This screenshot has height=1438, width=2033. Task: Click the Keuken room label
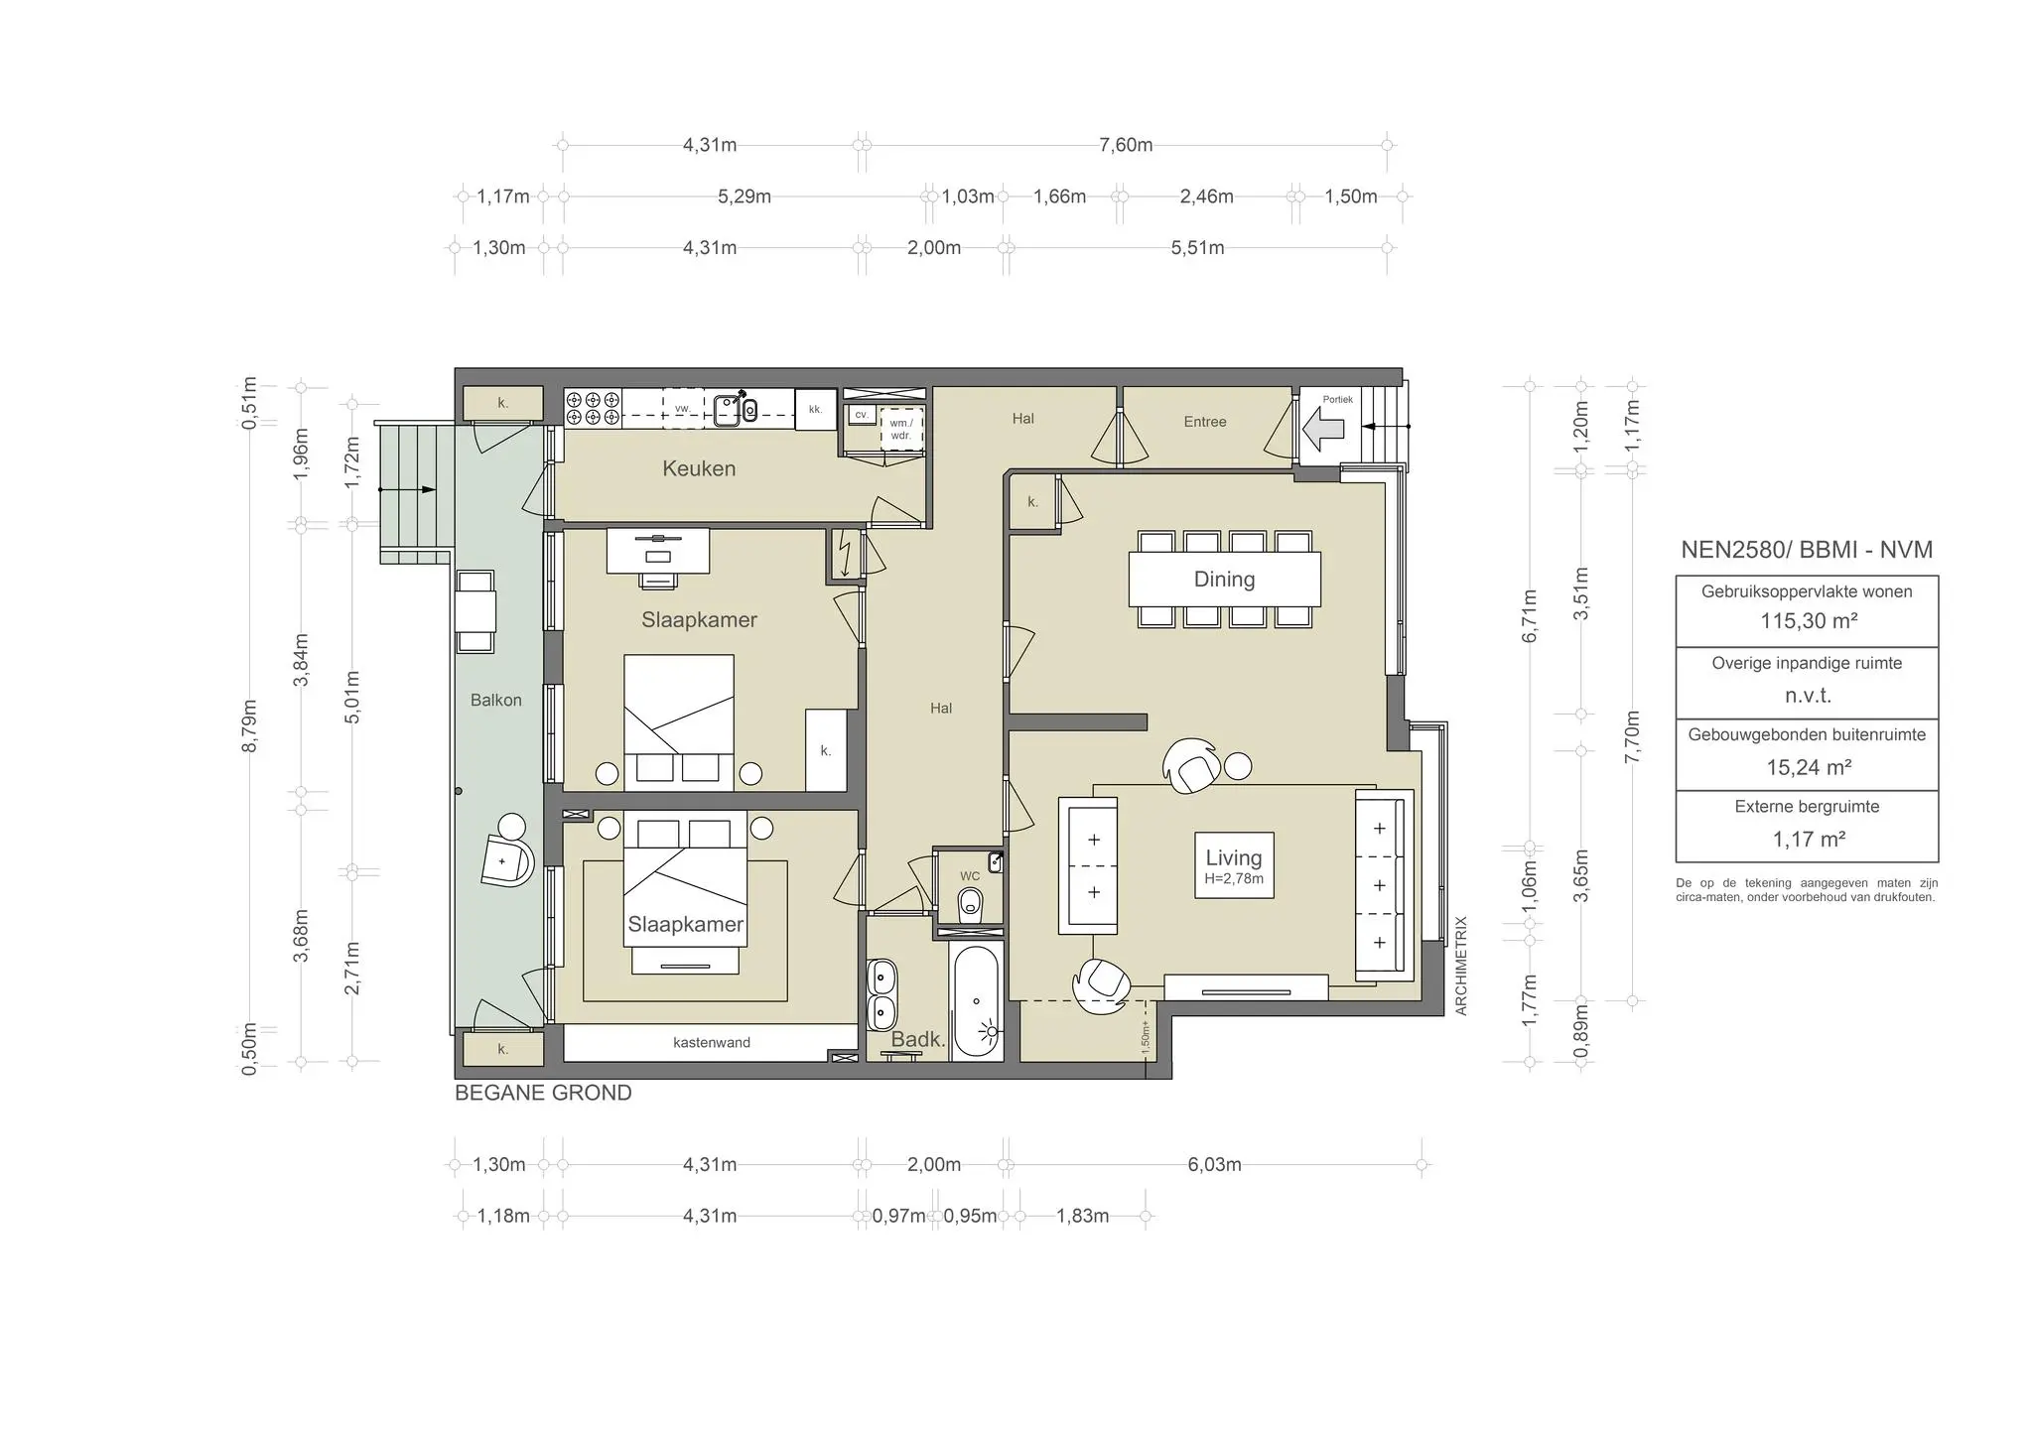[x=699, y=468]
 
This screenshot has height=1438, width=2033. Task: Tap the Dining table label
[x=1224, y=580]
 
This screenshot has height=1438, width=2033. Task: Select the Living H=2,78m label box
[x=1234, y=864]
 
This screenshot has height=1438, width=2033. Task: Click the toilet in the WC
[x=971, y=904]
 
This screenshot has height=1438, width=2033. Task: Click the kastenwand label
[x=711, y=1042]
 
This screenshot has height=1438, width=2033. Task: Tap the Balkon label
[x=495, y=701]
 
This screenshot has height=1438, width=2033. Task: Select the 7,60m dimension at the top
[x=1126, y=145]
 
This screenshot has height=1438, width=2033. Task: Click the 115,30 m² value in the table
[x=1808, y=621]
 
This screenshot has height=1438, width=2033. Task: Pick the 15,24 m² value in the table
[x=1808, y=767]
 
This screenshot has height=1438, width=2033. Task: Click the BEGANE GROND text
[x=543, y=1093]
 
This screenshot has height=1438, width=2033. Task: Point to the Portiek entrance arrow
[x=1323, y=429]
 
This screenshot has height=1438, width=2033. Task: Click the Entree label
[x=1204, y=422]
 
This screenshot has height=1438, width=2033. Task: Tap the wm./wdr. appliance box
[x=901, y=429]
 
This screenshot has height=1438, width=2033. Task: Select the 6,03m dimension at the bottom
[x=1214, y=1164]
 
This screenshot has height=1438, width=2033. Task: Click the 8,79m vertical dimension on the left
[x=250, y=725]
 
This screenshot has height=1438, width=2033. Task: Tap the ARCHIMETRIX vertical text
[x=1460, y=965]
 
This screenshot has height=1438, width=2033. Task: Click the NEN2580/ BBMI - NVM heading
[x=1807, y=550]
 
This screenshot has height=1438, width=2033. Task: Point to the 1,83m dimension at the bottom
[x=1082, y=1216]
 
